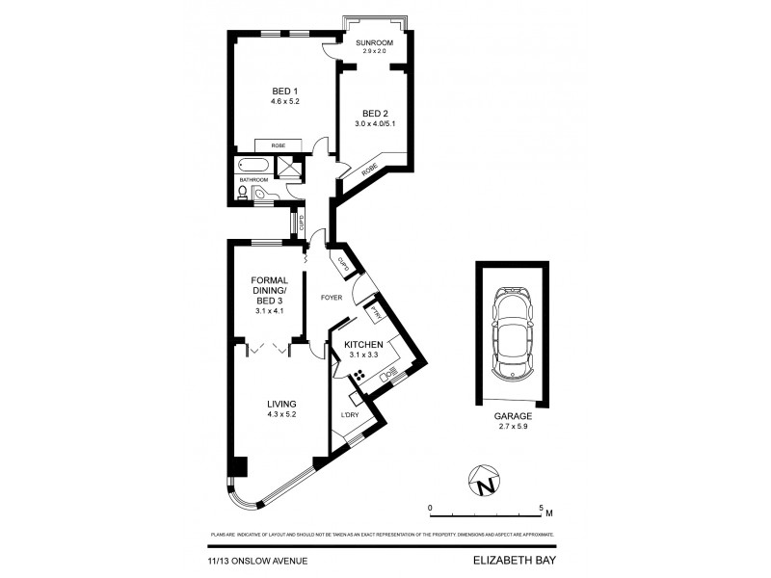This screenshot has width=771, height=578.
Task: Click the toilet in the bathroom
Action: coord(244,193)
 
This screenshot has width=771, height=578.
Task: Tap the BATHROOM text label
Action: coord(254,179)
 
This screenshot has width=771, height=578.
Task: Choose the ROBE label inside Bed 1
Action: coord(278,145)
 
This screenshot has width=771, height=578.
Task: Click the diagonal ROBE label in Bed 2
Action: coord(371,171)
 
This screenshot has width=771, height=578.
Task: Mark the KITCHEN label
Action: coord(366,345)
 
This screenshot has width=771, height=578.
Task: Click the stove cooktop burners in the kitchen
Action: coord(359,377)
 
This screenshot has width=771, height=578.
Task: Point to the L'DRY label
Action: coord(349,415)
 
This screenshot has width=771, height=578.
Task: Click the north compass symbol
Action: coord(487,479)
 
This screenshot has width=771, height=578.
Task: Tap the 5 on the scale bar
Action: coord(542,506)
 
